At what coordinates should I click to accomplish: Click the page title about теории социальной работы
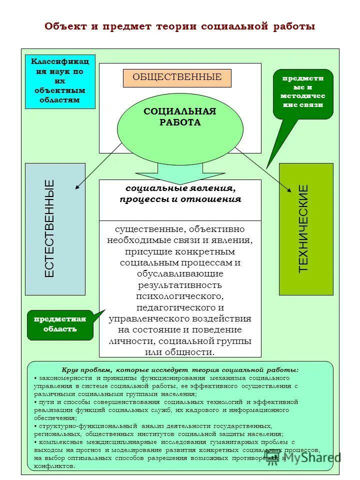coord(180,26)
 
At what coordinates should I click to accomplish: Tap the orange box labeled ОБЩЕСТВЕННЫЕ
coord(177,77)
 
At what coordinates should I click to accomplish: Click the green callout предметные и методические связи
coord(302,92)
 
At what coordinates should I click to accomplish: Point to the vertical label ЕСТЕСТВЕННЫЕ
coord(49,229)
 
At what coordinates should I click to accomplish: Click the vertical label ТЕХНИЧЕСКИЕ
coord(303,229)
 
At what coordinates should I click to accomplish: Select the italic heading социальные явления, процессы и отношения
coord(180,194)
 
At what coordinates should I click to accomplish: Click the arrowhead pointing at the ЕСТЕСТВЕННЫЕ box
coord(78,187)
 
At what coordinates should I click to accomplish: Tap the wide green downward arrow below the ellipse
coord(180,173)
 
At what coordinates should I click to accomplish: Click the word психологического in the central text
coord(180,296)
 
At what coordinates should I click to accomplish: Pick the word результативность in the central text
coord(180,285)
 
